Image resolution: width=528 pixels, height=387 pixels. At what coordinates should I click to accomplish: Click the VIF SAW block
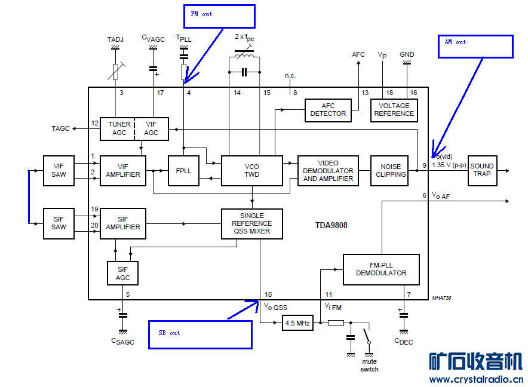pyautogui.click(x=59, y=170)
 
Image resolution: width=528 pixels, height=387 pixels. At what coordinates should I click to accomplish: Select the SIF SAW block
pyautogui.click(x=59, y=223)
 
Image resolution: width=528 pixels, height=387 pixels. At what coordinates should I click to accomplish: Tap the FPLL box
pyautogui.click(x=183, y=170)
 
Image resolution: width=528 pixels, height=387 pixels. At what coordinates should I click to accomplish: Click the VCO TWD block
pyautogui.click(x=251, y=170)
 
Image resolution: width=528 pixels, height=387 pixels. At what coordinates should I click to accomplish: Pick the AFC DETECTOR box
pyautogui.click(x=328, y=110)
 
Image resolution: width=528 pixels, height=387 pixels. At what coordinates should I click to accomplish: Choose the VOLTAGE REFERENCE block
pyautogui.click(x=394, y=110)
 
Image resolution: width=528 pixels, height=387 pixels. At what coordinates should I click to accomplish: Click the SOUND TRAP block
pyautogui.click(x=482, y=170)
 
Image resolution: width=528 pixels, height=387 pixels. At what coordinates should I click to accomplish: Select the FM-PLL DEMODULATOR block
pyautogui.click(x=381, y=269)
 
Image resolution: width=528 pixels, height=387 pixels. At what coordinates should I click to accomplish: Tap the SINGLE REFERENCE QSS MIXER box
pyautogui.click(x=251, y=223)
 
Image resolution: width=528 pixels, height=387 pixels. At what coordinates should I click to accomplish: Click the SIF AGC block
pyautogui.click(x=122, y=274)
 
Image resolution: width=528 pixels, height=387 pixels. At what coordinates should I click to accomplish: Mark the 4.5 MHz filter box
pyautogui.click(x=297, y=323)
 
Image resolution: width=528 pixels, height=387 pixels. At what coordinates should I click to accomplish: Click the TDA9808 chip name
pyautogui.click(x=331, y=226)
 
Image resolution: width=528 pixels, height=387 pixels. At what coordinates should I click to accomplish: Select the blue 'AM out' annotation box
pyautogui.click(x=475, y=46)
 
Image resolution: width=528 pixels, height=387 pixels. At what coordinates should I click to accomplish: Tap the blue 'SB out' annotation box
pyautogui.click(x=201, y=334)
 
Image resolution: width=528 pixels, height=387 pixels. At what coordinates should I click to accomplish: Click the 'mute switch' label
pyautogui.click(x=369, y=365)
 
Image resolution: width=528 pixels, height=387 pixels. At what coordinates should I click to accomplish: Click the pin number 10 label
pyautogui.click(x=268, y=294)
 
